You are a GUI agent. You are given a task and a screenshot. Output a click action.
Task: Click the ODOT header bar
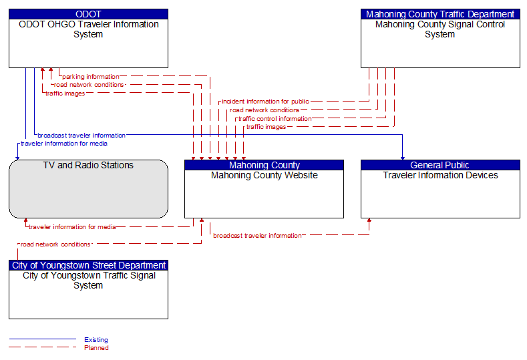coord(88,14)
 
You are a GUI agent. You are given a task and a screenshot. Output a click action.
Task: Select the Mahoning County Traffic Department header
coord(440,14)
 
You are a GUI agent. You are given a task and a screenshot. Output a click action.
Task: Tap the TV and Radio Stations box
coord(88,189)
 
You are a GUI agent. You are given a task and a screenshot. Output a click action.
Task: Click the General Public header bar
coord(440,165)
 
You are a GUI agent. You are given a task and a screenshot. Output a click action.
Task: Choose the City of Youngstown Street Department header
coord(88,265)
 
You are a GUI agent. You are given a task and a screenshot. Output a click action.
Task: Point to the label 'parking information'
coord(90,77)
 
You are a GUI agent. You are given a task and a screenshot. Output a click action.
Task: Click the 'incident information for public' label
coord(265,101)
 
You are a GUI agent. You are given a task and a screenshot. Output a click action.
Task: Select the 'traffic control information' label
coord(275,119)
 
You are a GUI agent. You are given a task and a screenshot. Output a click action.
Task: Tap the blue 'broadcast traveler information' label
coord(81,135)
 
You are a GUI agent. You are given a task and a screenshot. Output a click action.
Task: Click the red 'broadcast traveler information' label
coord(257,236)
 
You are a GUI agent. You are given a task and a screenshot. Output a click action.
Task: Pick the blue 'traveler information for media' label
coord(64,144)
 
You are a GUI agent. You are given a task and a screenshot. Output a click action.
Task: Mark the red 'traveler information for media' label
coord(72,227)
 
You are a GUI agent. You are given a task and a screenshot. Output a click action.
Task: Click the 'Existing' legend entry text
coord(96,339)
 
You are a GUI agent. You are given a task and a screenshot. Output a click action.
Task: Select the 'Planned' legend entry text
coord(96,347)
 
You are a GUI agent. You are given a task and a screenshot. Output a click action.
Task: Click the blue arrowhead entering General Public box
coord(402,158)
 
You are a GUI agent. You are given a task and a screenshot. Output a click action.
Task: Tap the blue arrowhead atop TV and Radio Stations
coord(17,158)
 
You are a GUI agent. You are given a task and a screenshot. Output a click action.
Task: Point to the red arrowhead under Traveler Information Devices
coord(369,220)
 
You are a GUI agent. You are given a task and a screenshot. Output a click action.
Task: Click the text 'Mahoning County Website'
coord(265,175)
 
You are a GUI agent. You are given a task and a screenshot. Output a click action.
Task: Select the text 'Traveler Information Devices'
coord(440,175)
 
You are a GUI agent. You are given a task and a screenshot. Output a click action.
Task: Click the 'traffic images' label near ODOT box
coord(65,94)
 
